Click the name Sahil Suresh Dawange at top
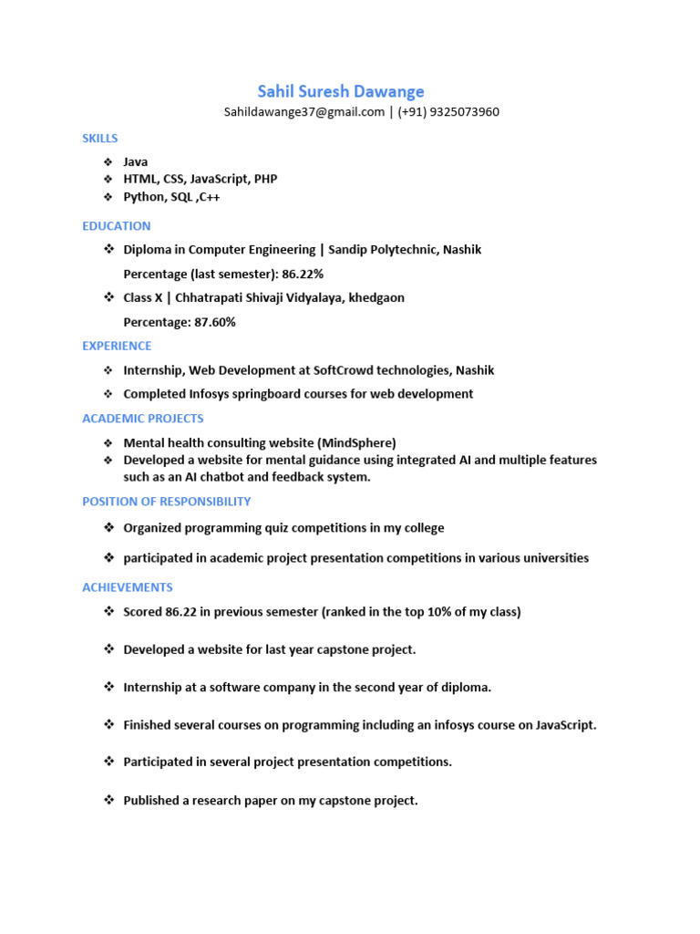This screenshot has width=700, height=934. coord(341,91)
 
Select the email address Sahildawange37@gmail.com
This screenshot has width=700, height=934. coord(304,112)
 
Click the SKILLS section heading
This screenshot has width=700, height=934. coord(100,139)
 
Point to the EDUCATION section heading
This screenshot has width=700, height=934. coord(117,226)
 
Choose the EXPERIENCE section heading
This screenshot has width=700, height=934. coord(117,347)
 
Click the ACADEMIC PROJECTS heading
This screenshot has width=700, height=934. coord(143,419)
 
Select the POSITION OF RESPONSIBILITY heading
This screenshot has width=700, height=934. coord(167,502)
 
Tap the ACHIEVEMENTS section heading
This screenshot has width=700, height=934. coord(128,587)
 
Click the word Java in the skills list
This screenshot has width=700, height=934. coord(136,162)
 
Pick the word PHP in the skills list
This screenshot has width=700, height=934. coord(265,180)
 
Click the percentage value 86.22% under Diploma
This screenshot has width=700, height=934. coord(303,274)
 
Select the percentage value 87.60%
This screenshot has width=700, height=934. coord(215,322)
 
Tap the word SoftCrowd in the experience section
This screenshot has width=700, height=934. coord(341,370)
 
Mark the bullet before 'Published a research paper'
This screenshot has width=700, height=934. coord(108,800)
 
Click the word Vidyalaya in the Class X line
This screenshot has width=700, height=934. coord(308,298)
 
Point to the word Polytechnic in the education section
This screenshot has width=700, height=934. coord(402,250)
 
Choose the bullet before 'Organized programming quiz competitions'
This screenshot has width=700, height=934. coord(108,527)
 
